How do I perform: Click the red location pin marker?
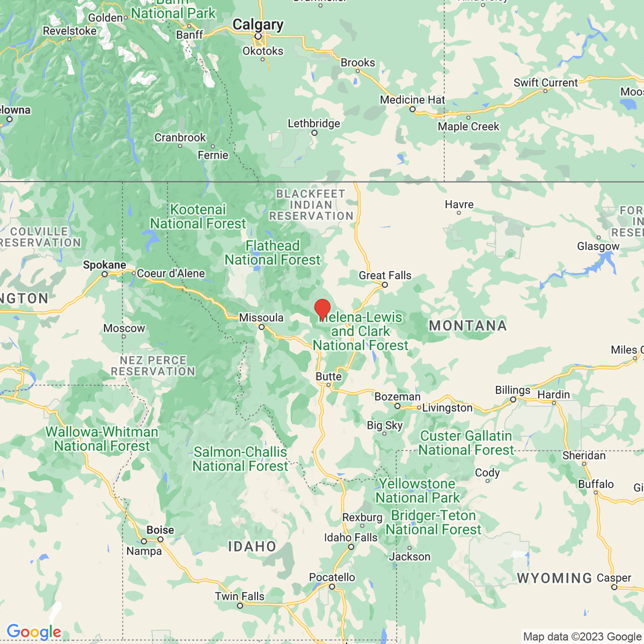pos(322,309)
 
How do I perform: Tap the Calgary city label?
pos(258,25)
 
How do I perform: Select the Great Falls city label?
pos(385,275)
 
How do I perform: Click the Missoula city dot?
pos(262,327)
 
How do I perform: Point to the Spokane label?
pos(105,265)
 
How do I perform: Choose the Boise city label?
pos(160,530)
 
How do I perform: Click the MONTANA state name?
pos(468,326)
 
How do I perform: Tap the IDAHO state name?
pos(252,547)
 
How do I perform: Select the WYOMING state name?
pos(554,578)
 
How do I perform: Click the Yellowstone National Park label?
pos(418,491)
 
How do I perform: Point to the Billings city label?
pos(513,390)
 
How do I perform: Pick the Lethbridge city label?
pos(314,123)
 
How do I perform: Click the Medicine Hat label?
pos(413,100)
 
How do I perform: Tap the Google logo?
pos(34,632)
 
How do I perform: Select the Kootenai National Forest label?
pos(198,216)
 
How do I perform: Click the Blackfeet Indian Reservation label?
pos(311,204)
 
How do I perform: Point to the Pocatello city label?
pos(332,577)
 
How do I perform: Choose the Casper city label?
pos(614,578)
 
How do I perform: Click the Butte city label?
pos(328,376)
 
